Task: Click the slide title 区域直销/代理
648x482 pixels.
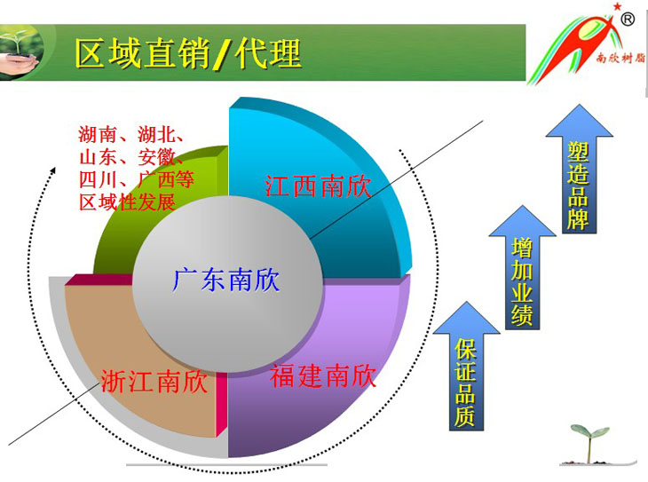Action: (188, 53)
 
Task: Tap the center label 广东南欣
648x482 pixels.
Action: (226, 280)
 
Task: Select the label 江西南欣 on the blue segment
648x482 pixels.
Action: (318, 186)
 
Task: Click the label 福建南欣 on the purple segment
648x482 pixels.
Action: (323, 375)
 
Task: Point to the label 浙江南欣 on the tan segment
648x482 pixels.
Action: (154, 381)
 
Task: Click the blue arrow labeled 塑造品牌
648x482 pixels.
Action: (579, 170)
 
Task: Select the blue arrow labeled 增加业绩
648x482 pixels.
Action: (522, 268)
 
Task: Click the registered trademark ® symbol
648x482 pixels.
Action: (628, 19)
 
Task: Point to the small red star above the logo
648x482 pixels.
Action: (617, 6)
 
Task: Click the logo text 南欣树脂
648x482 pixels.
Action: (620, 58)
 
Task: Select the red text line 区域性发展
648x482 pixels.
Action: (127, 202)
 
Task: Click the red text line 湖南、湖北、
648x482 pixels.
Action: (131, 134)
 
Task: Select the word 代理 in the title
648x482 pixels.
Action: (268, 53)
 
